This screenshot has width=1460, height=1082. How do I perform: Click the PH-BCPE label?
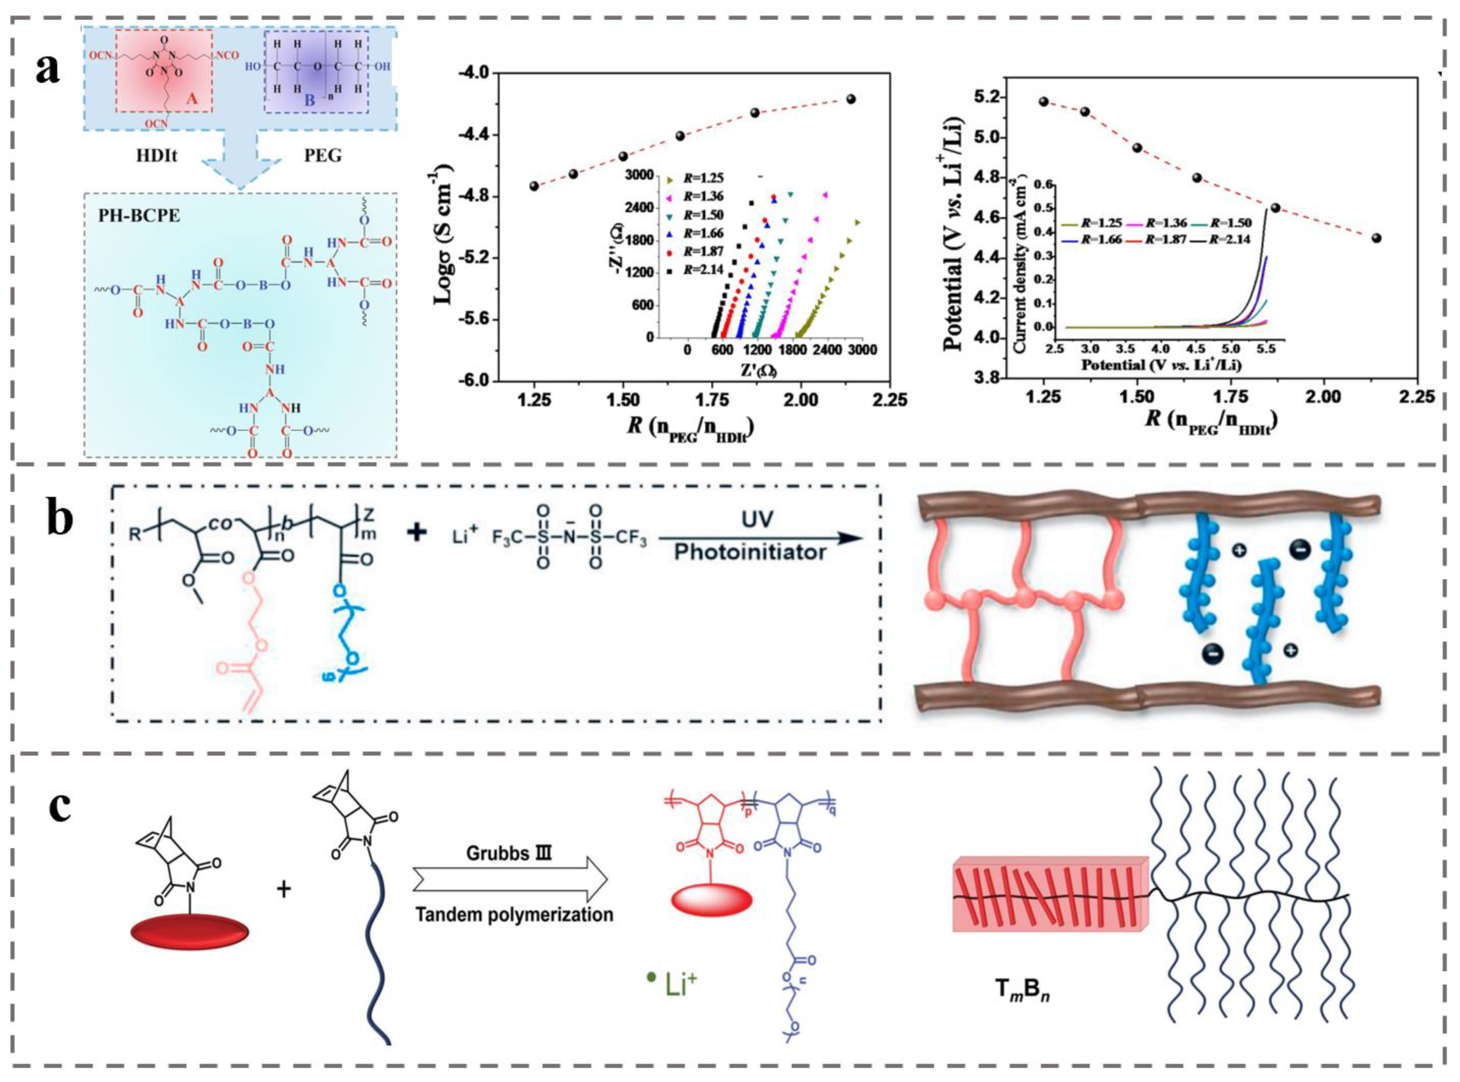pyautogui.click(x=132, y=215)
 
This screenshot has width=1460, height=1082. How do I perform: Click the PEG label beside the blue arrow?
pyautogui.click(x=323, y=156)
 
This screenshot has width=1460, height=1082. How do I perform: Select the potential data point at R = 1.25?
pyautogui.click(x=1044, y=102)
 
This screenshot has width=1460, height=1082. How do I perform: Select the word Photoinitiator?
pyautogui.click(x=751, y=552)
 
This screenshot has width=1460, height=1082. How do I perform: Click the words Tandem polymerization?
pyautogui.click(x=515, y=914)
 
